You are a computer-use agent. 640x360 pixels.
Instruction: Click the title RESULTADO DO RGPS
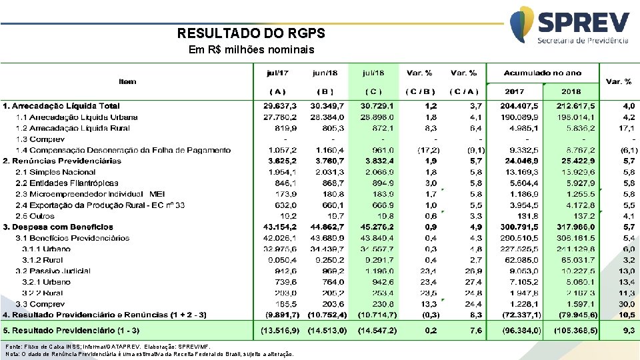point(251,33)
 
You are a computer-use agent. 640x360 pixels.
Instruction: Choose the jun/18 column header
point(325,73)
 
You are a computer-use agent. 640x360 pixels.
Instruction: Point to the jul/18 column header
point(373,73)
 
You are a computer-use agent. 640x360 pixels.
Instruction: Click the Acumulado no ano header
point(543,73)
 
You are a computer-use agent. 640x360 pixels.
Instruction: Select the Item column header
point(127,81)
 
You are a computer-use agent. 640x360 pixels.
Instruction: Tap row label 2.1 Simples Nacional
point(57,172)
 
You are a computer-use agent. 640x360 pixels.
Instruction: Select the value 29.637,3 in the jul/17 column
point(281,106)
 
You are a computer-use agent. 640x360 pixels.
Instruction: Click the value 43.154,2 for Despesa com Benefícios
point(281,227)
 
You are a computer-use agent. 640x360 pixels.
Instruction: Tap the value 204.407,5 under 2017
point(515,106)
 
